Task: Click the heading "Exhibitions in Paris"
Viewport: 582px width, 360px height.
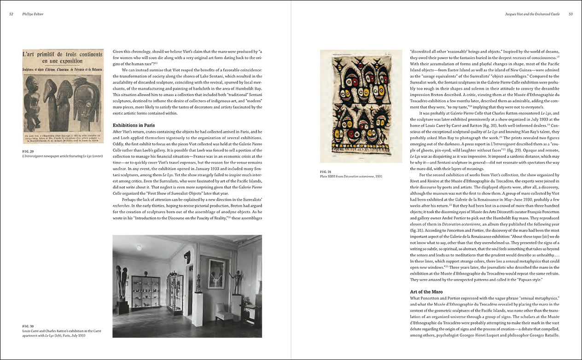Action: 134,125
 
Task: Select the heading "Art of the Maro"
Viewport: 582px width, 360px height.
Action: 426,292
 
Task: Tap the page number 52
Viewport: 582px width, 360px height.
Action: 11,14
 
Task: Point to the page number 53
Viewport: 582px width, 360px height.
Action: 570,14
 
